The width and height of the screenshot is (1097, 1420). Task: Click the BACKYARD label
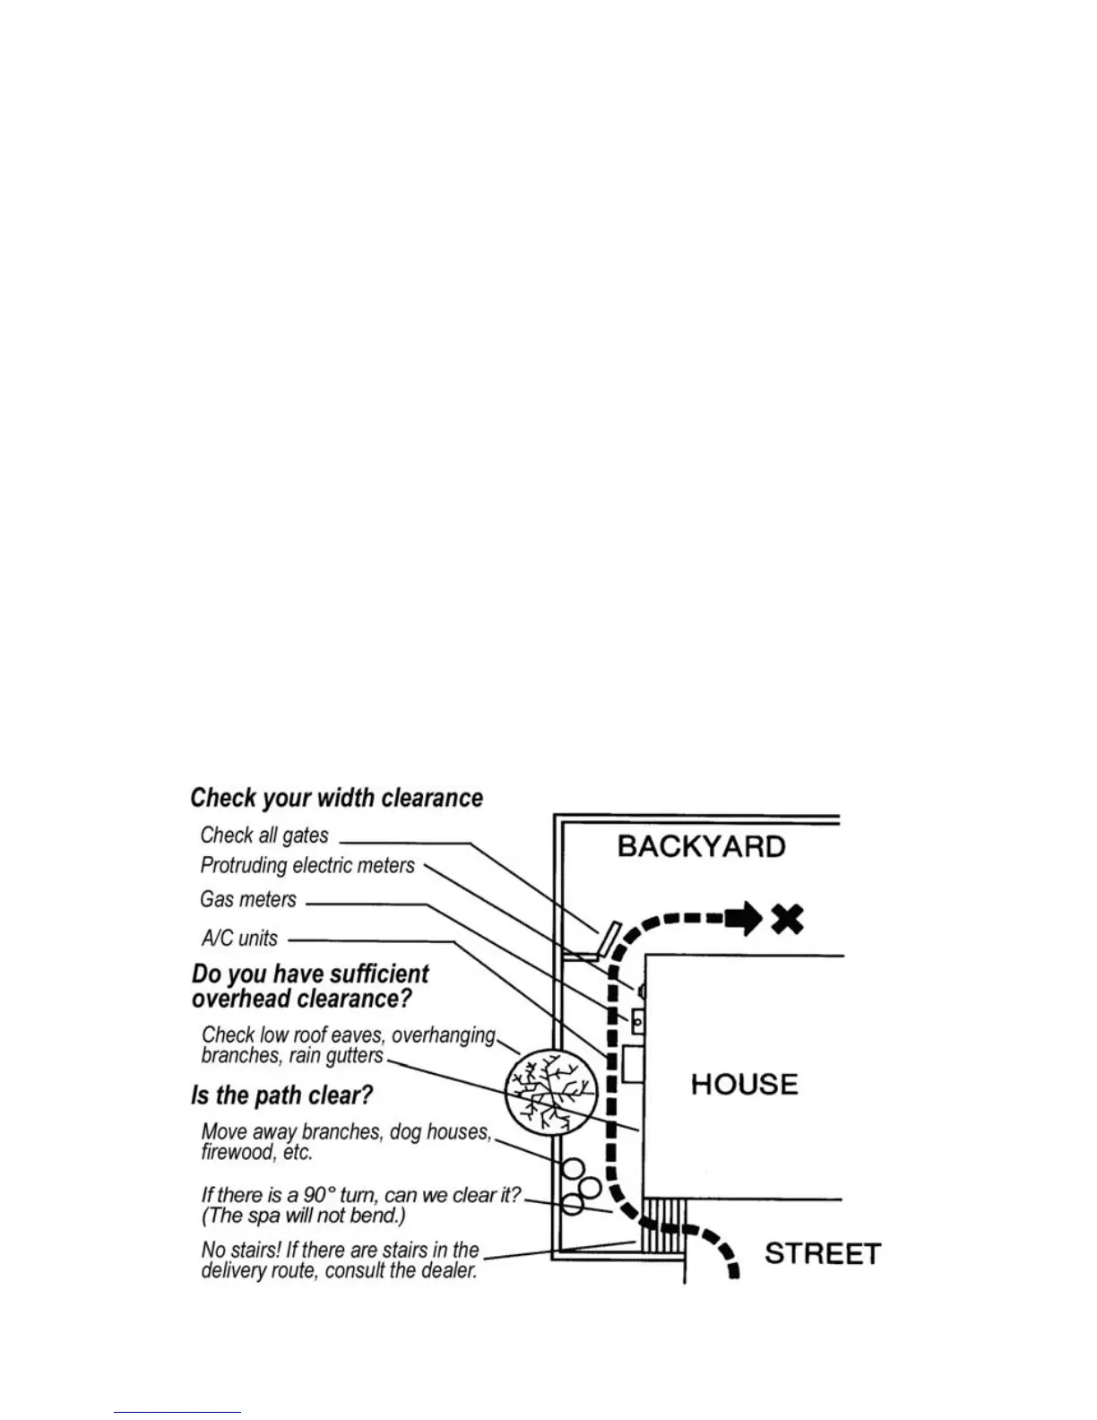coord(701,847)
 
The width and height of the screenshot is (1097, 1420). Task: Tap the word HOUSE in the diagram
coord(744,1085)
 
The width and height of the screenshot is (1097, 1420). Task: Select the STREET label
coord(822,1253)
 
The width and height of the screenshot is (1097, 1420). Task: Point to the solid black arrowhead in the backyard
coord(744,919)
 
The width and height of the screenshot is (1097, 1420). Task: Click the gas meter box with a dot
coord(638,1020)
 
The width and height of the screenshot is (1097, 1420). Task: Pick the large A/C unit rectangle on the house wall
coord(633,1064)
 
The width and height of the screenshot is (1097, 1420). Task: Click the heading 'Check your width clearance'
coord(336,798)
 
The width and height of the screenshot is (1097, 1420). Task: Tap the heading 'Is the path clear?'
coord(281,1095)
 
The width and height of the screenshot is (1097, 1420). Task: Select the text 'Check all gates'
coord(264,836)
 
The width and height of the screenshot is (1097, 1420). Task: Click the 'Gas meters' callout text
coord(248,899)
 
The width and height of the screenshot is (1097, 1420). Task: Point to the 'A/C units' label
coord(239,939)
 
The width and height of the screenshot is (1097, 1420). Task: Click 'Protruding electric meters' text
coord(307,866)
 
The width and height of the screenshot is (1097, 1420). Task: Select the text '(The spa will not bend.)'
coord(304,1217)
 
